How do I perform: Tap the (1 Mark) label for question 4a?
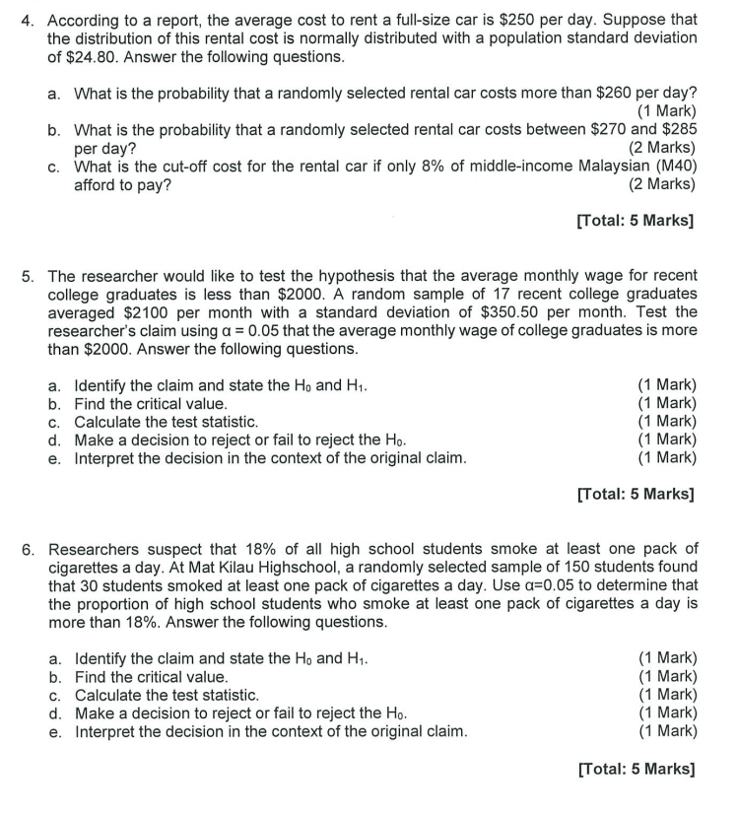tap(666, 110)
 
